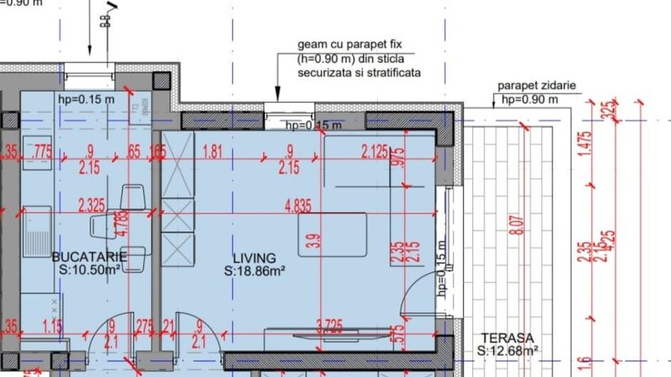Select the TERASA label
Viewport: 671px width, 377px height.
click(507, 338)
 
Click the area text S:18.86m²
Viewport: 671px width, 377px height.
click(255, 271)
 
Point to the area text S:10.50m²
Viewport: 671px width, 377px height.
click(89, 270)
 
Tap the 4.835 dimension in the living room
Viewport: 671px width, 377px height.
click(298, 206)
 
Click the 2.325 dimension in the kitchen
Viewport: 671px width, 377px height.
click(92, 206)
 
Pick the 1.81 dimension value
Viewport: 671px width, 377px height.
click(212, 151)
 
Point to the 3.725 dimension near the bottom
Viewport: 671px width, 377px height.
click(328, 327)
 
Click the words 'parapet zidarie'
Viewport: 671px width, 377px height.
click(537, 87)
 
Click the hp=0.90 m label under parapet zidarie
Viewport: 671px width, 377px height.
click(530, 99)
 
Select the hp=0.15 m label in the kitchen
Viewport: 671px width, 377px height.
click(86, 99)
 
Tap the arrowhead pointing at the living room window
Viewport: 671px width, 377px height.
click(278, 94)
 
